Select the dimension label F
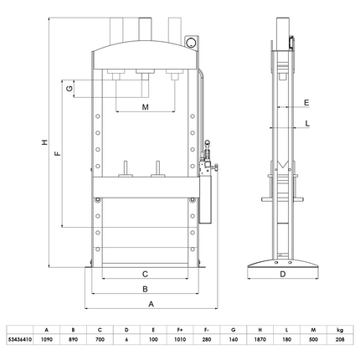pyautogui.click(x=57, y=155)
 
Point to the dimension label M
pyautogui.click(x=145, y=108)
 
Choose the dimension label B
pyautogui.click(x=145, y=290)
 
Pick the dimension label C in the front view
pyautogui.click(x=145, y=274)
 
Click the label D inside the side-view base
pyautogui.click(x=282, y=274)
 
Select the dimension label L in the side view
pyautogui.click(x=307, y=124)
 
